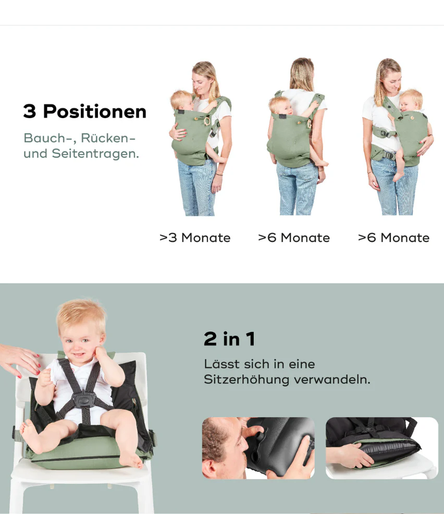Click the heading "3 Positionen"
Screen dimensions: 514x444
85,112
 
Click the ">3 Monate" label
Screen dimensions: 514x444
195,238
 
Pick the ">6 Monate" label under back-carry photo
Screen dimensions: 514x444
294,238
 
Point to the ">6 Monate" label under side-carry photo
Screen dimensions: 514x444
393,238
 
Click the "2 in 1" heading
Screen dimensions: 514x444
229,339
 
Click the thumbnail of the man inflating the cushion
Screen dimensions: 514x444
258,448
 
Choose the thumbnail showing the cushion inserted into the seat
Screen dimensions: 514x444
381,448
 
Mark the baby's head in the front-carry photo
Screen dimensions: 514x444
181,100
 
